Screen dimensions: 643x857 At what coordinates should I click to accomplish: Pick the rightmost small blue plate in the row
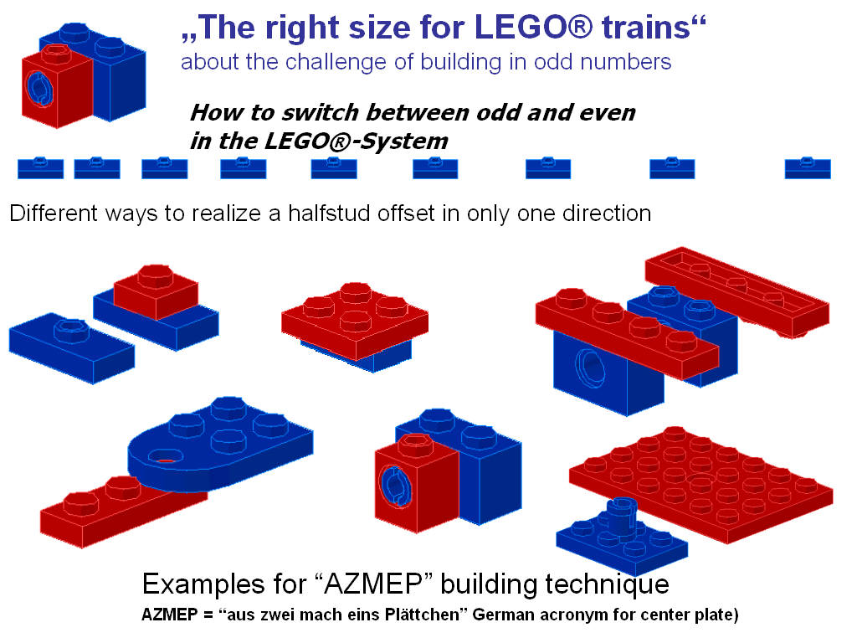(x=808, y=168)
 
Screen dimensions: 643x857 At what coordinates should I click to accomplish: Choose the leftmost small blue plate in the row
(x=40, y=168)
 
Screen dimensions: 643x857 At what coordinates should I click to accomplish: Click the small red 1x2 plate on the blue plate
(x=155, y=289)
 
